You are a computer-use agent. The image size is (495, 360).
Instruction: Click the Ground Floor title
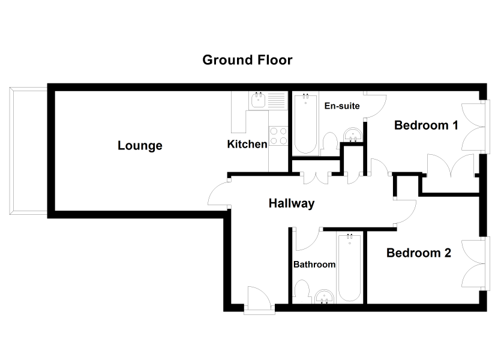(247, 60)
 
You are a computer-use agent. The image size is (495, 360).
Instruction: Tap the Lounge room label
(140, 146)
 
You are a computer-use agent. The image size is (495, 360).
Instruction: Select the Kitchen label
(247, 145)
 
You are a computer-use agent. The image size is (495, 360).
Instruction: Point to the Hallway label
(292, 203)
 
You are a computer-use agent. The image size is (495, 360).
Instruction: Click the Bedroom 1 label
(426, 125)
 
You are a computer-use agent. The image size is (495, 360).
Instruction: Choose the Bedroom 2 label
(419, 253)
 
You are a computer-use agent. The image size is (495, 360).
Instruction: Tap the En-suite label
(342, 106)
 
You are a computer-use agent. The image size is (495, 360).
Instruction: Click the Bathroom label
(314, 265)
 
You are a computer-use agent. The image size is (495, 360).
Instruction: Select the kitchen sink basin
(258, 101)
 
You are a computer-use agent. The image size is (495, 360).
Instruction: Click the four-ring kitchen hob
(278, 136)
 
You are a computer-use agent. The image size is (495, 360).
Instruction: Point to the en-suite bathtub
(305, 124)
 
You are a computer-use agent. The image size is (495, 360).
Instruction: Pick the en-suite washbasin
(353, 135)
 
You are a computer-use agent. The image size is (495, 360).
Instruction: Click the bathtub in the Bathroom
(349, 268)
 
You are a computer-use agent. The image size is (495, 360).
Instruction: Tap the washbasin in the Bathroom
(324, 297)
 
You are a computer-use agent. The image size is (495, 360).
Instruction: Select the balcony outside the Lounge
(28, 151)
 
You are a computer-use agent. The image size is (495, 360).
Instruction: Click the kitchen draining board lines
(277, 100)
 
